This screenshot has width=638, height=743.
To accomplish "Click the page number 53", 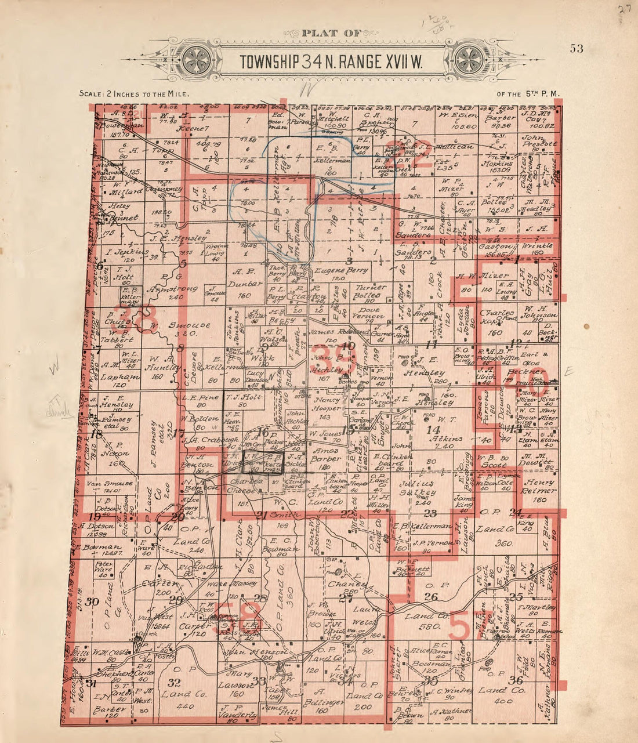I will [576, 48].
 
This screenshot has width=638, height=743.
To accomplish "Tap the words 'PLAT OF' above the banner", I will [332, 33].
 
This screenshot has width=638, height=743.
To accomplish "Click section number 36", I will [515, 680].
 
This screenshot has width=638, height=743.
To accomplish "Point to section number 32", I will [173, 682].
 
